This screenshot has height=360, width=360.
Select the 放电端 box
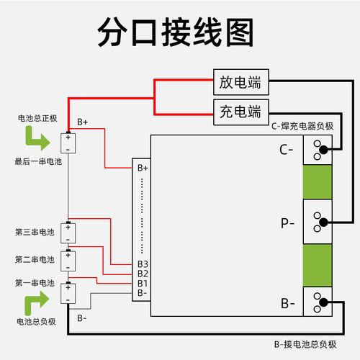[240, 82]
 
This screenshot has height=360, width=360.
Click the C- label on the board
[287, 150]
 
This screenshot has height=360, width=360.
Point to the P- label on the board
[288, 223]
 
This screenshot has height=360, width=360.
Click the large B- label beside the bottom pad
[288, 303]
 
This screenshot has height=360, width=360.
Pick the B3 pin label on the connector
[143, 264]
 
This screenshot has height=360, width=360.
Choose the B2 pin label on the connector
[143, 274]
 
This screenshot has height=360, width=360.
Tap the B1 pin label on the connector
[143, 283]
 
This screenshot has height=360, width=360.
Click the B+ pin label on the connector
[143, 168]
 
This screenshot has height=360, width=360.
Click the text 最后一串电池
[38, 163]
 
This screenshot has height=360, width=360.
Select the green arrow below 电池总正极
[34, 136]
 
